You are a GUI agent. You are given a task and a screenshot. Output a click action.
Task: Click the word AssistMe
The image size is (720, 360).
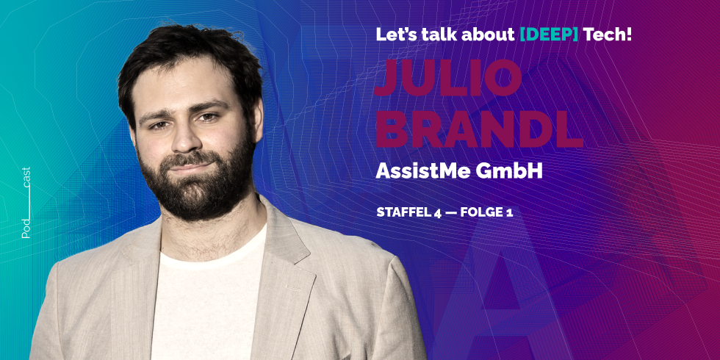pos(421,170)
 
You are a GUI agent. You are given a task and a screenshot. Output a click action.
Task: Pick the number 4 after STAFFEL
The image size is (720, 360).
pos(436,212)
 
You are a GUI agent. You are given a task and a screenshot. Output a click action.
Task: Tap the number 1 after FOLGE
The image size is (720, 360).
pos(508,212)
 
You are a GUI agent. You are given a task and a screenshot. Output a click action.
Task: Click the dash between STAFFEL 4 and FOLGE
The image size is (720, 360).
pos(450,212)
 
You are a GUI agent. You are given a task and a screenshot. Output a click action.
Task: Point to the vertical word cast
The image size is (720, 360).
pos(26,179)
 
